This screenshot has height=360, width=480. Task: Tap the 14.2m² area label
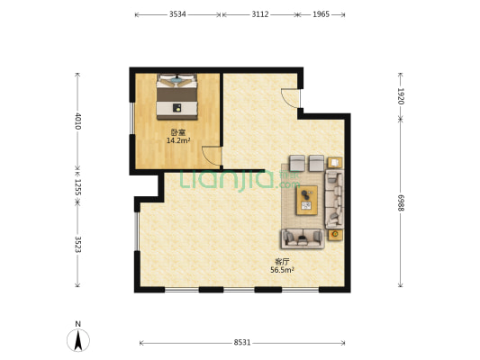coord(178,140)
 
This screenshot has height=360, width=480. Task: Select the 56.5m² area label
coord(282,268)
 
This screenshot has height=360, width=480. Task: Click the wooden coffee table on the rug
coord(308,198)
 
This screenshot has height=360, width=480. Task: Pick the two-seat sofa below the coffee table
coord(302,238)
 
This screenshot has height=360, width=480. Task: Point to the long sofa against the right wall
coord(335,200)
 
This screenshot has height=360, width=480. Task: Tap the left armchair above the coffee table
coord(297,163)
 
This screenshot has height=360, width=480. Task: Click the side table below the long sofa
coord(335,235)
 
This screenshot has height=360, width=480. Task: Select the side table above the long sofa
coord(335,163)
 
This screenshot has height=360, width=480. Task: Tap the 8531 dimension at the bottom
coord(242,343)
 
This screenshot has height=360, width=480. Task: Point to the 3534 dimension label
coord(177,14)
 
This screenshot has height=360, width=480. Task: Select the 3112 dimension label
coord(259,14)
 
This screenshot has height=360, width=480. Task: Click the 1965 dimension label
coord(322,14)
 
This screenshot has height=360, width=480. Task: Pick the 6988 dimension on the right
coord(401,204)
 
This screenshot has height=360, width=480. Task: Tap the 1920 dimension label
coord(401,95)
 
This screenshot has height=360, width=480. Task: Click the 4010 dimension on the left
coord(78,121)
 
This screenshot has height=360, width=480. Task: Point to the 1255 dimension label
coord(78,186)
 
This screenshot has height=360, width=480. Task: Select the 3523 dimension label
coord(78,246)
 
